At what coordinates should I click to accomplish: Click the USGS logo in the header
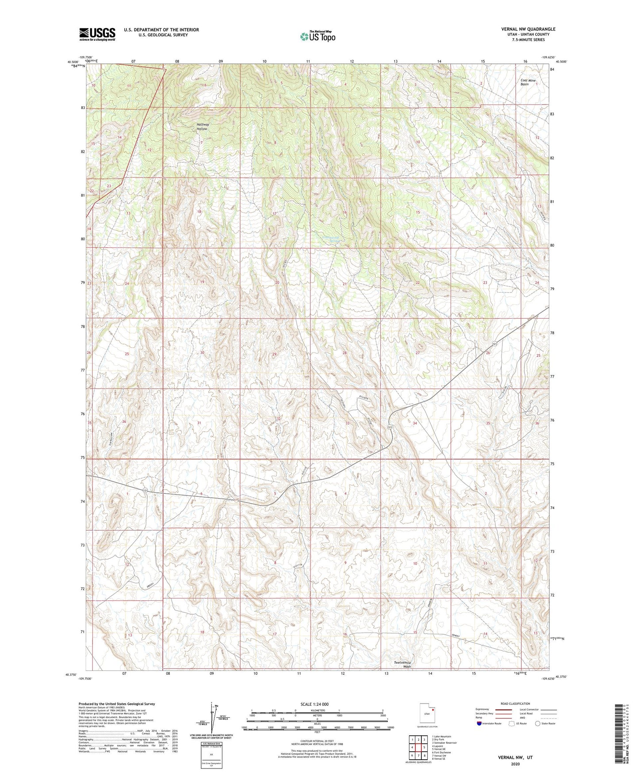(97, 34)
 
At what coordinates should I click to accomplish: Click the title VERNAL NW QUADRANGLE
(528, 29)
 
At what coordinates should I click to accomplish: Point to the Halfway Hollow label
(203, 127)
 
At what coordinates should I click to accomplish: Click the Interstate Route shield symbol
(479, 723)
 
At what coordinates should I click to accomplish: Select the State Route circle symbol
(537, 723)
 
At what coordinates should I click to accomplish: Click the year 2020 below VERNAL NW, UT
(515, 764)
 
